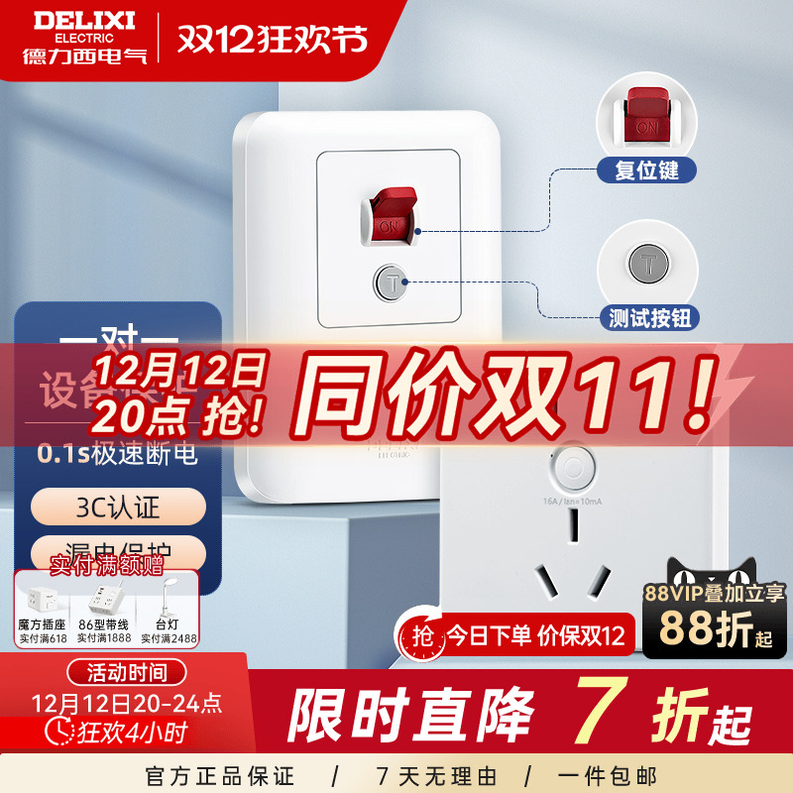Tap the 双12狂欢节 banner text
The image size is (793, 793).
click(273, 39)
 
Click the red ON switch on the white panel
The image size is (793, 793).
click(391, 213)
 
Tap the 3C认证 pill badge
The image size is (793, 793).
click(118, 510)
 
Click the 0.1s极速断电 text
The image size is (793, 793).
click(117, 455)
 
